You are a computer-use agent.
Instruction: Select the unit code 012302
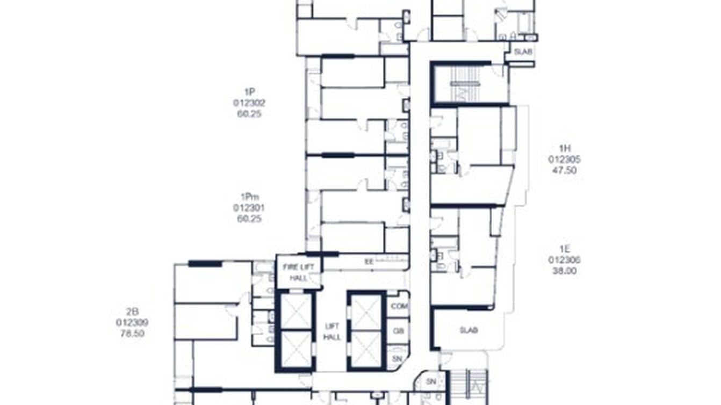tap(249, 103)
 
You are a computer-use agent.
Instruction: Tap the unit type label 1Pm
tap(249, 197)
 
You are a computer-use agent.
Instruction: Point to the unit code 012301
tap(249, 208)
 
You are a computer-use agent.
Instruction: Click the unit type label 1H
tap(564, 149)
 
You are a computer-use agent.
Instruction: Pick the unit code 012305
tap(564, 160)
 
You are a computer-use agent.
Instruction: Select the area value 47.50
tap(564, 170)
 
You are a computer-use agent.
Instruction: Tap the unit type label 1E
tap(564, 249)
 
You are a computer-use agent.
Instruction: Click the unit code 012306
tap(564, 260)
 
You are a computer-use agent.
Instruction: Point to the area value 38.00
tap(564, 271)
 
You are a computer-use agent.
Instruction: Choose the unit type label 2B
tap(132, 312)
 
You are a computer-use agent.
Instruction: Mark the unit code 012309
tap(132, 322)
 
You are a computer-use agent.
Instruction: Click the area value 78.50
tap(132, 333)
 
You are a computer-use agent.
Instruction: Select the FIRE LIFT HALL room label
tap(299, 272)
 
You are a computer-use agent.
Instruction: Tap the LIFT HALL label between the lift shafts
tap(331, 331)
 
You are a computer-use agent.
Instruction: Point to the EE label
tap(369, 262)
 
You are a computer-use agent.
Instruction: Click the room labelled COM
tap(399, 306)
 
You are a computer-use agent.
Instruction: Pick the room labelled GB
tap(398, 331)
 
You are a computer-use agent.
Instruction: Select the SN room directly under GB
tap(398, 358)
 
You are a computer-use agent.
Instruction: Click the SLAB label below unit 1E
tap(468, 330)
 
